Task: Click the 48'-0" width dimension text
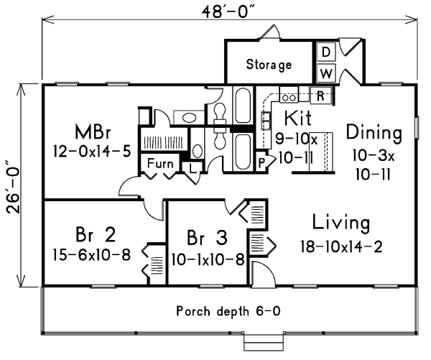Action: (228, 11)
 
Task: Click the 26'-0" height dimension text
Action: (14, 190)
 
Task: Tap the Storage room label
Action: (269, 65)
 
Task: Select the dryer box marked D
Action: (326, 52)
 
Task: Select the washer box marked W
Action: (326, 73)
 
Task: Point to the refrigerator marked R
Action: (320, 96)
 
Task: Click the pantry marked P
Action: (262, 162)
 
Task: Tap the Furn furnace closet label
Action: (160, 164)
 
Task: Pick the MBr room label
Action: (93, 131)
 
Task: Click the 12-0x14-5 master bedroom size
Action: (92, 152)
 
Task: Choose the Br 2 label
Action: (96, 234)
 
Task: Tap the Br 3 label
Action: (208, 238)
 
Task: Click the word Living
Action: (341, 223)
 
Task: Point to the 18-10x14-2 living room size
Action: (341, 246)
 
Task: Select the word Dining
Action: (374, 133)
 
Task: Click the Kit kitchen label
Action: (297, 118)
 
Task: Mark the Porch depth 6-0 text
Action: (228, 311)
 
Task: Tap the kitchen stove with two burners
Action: (289, 98)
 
